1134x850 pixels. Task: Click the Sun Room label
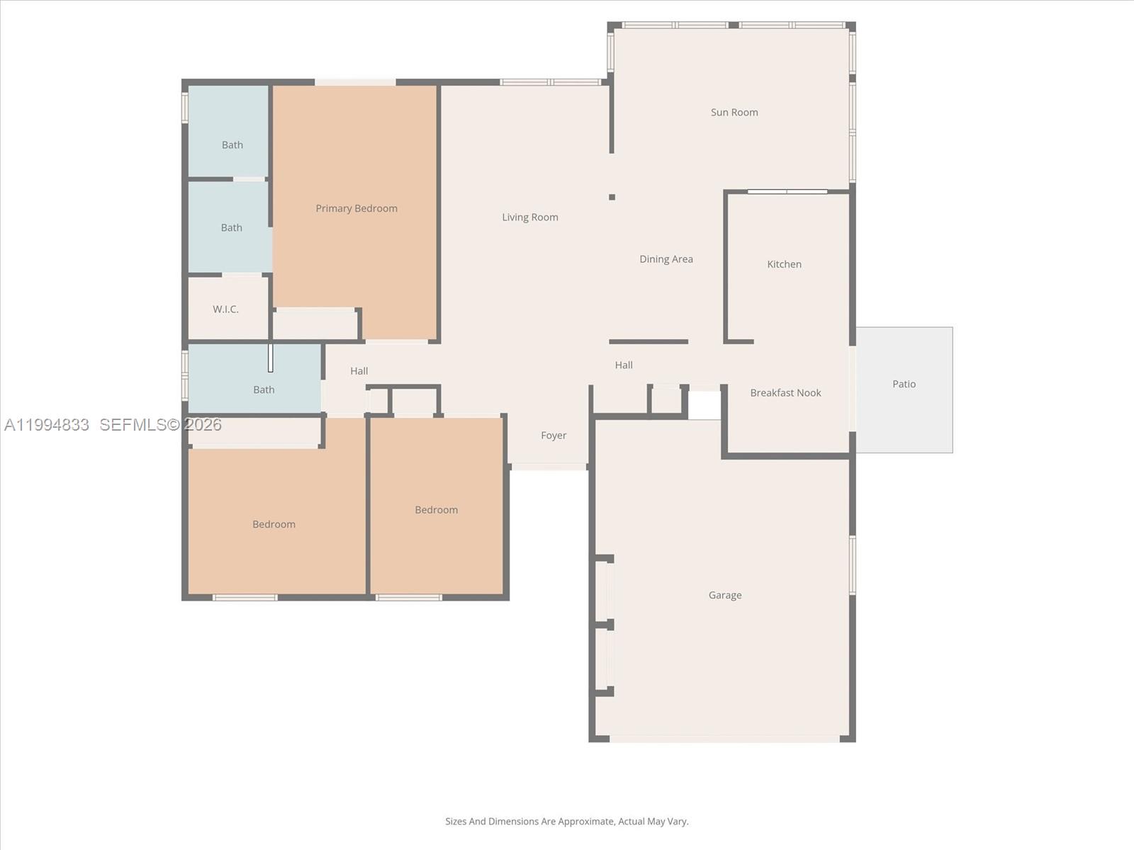coord(734,112)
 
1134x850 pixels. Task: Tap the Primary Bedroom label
coord(356,208)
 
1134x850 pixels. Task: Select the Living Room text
coord(529,217)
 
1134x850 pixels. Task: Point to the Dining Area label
coord(666,259)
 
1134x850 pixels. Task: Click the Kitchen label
coord(784,264)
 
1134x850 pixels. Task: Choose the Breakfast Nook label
coord(785,393)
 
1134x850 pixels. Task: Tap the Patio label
coord(904,384)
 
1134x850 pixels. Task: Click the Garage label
coord(724,595)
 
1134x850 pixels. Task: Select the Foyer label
coord(553,436)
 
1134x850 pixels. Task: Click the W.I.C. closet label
coord(225,310)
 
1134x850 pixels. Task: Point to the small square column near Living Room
coord(612,197)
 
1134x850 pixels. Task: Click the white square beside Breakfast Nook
coord(704,405)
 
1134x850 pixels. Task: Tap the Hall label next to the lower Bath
coord(359,371)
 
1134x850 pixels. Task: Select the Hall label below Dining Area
coord(623,365)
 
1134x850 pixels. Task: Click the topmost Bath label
coord(232,145)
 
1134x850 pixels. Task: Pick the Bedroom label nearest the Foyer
coord(436,510)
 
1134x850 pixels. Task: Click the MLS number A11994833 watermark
coord(47,425)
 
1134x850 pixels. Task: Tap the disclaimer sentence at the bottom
coord(566,822)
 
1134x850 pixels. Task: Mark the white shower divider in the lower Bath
coord(270,358)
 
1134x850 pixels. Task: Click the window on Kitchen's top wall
coord(787,191)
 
